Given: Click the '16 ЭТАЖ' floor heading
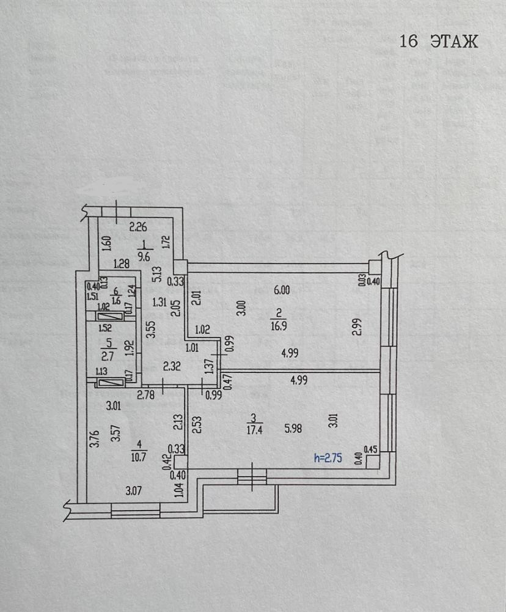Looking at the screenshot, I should (x=438, y=42).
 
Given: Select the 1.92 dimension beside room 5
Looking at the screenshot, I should (x=128, y=348).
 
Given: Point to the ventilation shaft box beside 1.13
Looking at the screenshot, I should (x=111, y=383).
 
